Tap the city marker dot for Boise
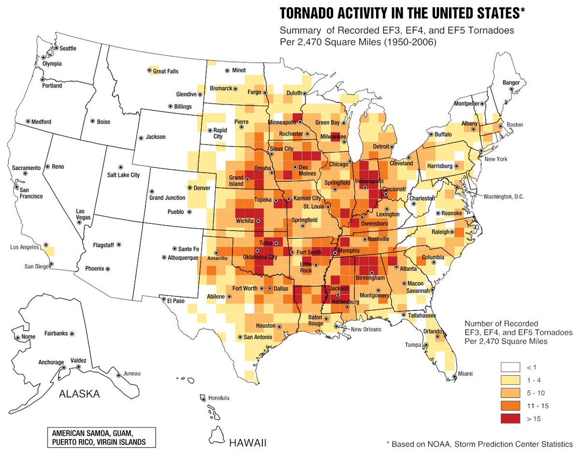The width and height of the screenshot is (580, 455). (x=92, y=122)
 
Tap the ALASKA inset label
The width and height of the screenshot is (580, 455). (x=79, y=394)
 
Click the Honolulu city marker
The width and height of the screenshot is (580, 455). (x=203, y=398)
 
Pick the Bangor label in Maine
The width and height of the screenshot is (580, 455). (x=511, y=83)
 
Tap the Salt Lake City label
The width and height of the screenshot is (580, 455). (x=123, y=175)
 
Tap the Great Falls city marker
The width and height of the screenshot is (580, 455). (x=149, y=71)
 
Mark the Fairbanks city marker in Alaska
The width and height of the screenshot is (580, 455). (x=72, y=334)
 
